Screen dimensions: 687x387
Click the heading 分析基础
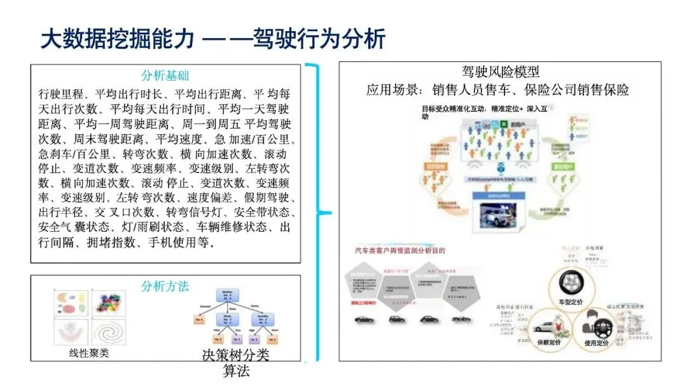click(165, 75)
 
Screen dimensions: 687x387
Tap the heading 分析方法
click(165, 286)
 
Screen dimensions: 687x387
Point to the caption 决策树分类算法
click(235, 362)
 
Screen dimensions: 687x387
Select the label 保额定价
click(548, 343)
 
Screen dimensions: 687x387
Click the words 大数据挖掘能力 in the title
click(116, 39)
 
